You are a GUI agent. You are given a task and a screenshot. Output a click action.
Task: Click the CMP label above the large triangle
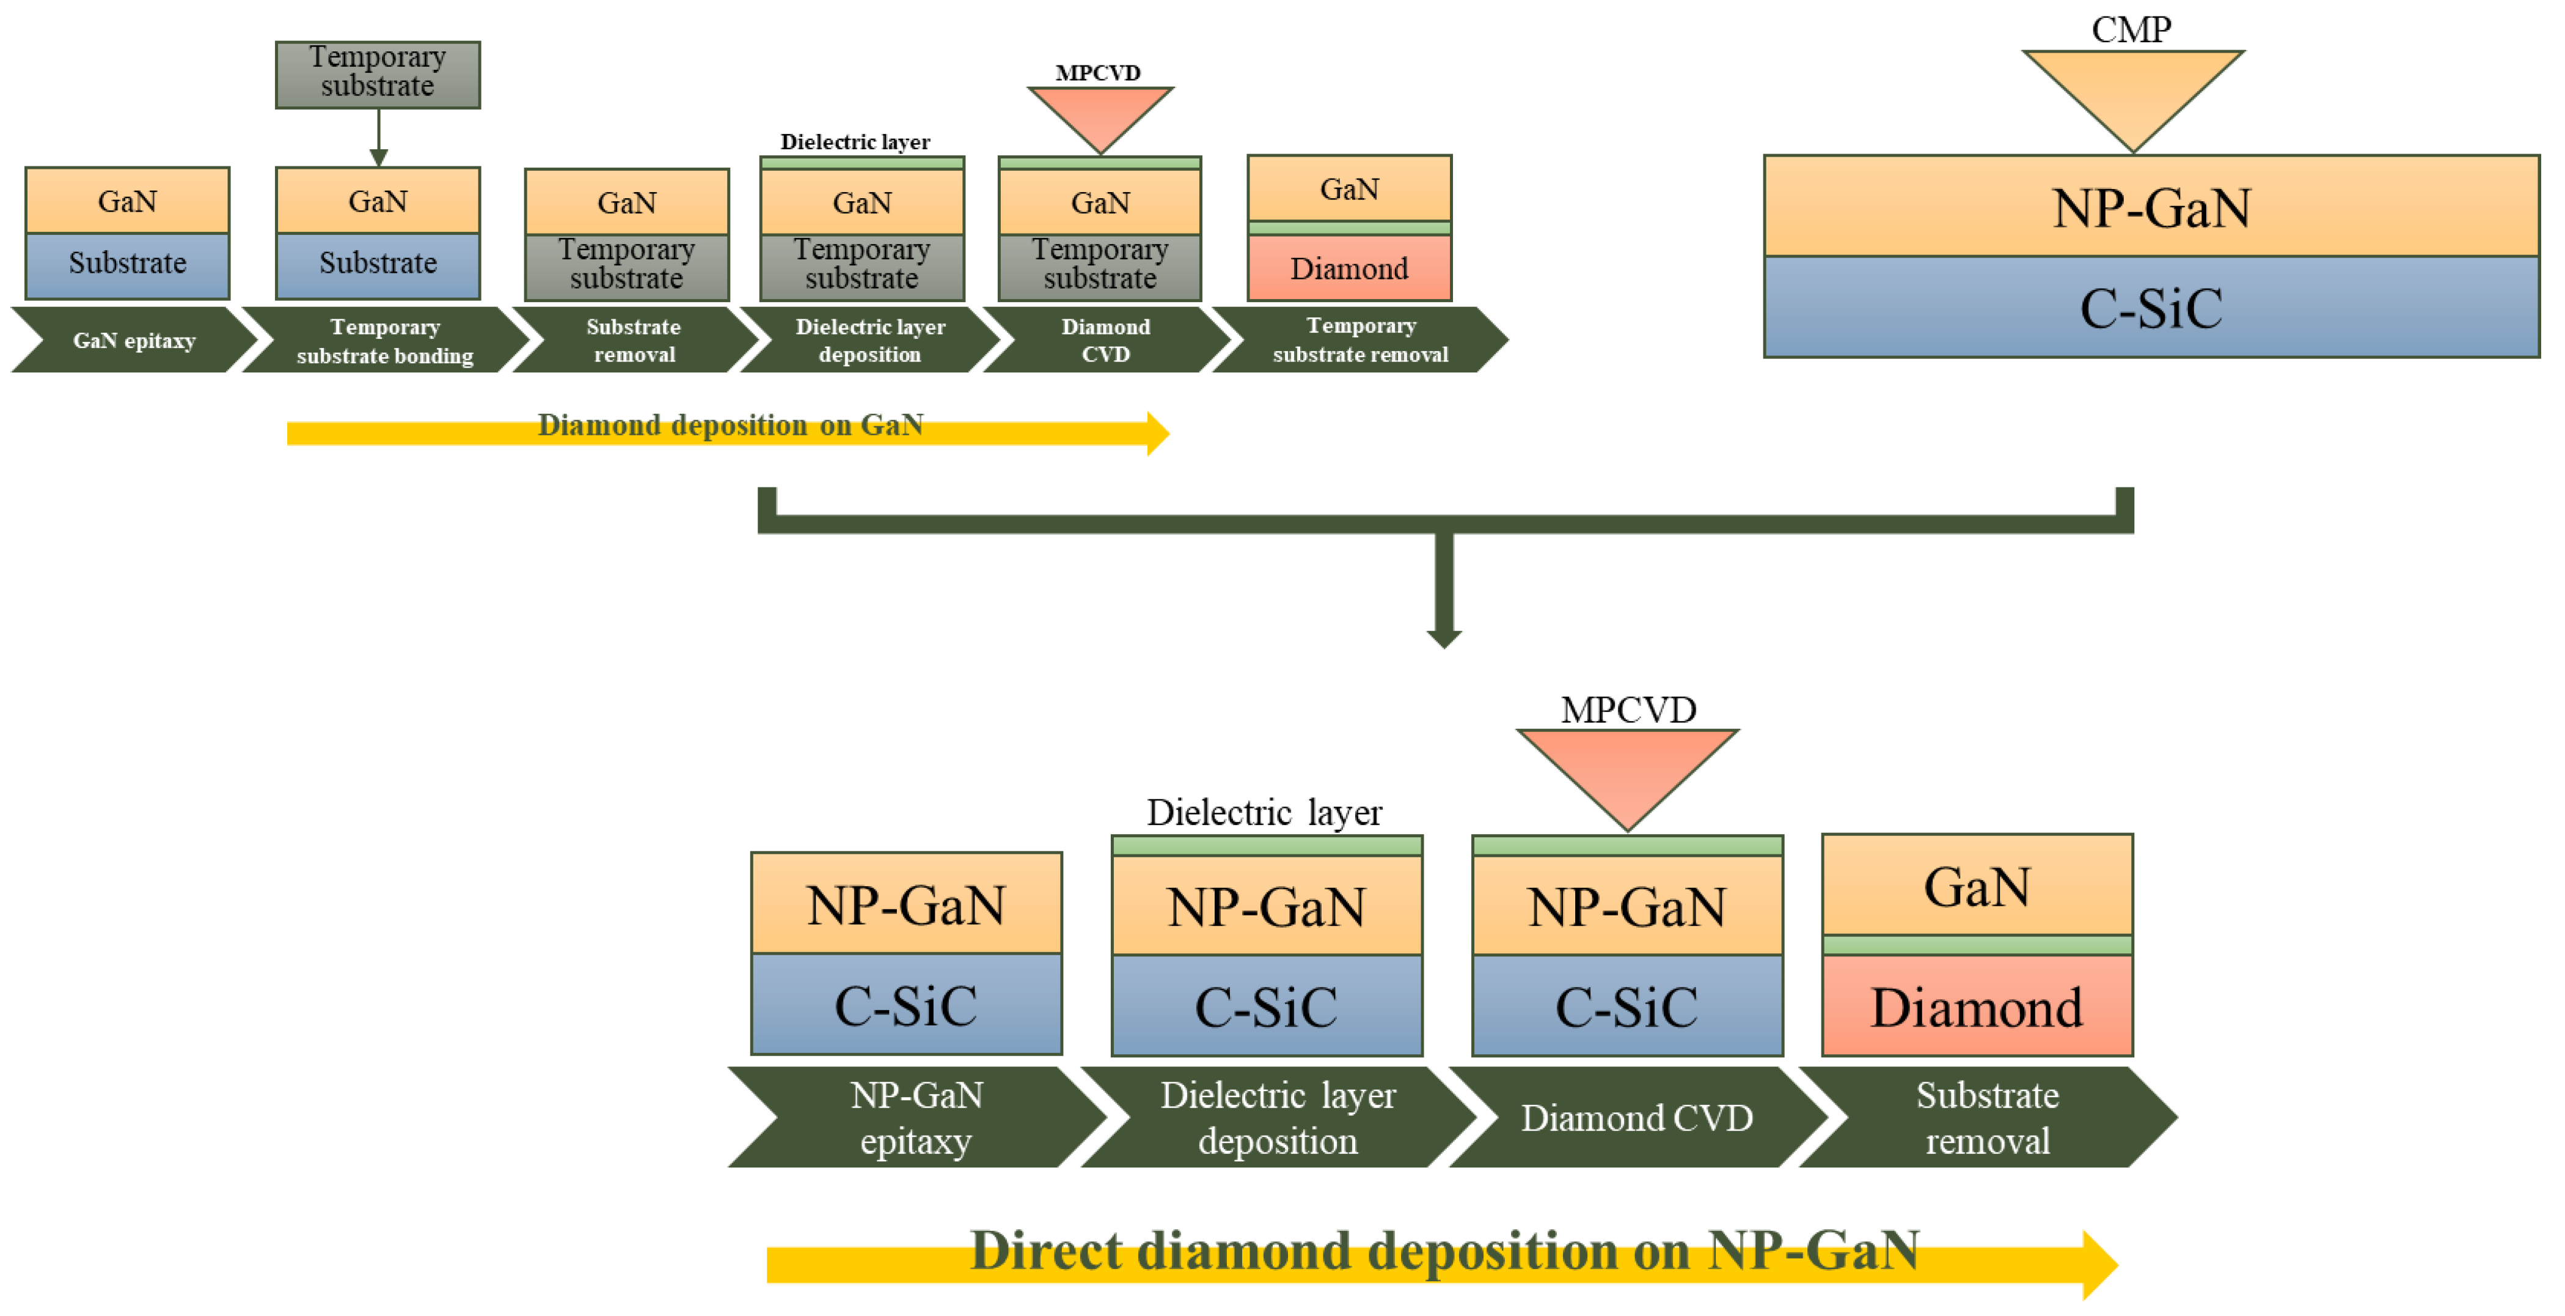point(2131,30)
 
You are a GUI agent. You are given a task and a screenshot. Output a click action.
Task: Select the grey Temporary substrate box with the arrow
point(378,74)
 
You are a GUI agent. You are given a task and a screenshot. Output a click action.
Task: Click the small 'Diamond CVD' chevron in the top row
point(1105,340)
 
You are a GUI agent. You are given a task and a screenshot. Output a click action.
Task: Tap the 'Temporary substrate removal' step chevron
point(1360,340)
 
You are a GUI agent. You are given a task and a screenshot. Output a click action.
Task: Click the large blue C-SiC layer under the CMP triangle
point(2151,307)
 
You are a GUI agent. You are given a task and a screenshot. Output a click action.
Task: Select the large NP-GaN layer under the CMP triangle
point(2151,207)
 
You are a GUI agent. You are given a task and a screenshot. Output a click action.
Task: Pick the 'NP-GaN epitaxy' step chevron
point(916,1117)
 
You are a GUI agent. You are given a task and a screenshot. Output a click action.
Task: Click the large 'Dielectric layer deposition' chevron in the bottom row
point(1278,1117)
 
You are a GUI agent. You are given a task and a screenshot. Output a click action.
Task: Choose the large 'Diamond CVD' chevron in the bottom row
point(1636,1117)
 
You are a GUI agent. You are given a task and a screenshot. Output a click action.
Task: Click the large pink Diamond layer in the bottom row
point(1977,1006)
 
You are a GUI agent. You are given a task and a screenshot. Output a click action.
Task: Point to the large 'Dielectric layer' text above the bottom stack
point(1265,812)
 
